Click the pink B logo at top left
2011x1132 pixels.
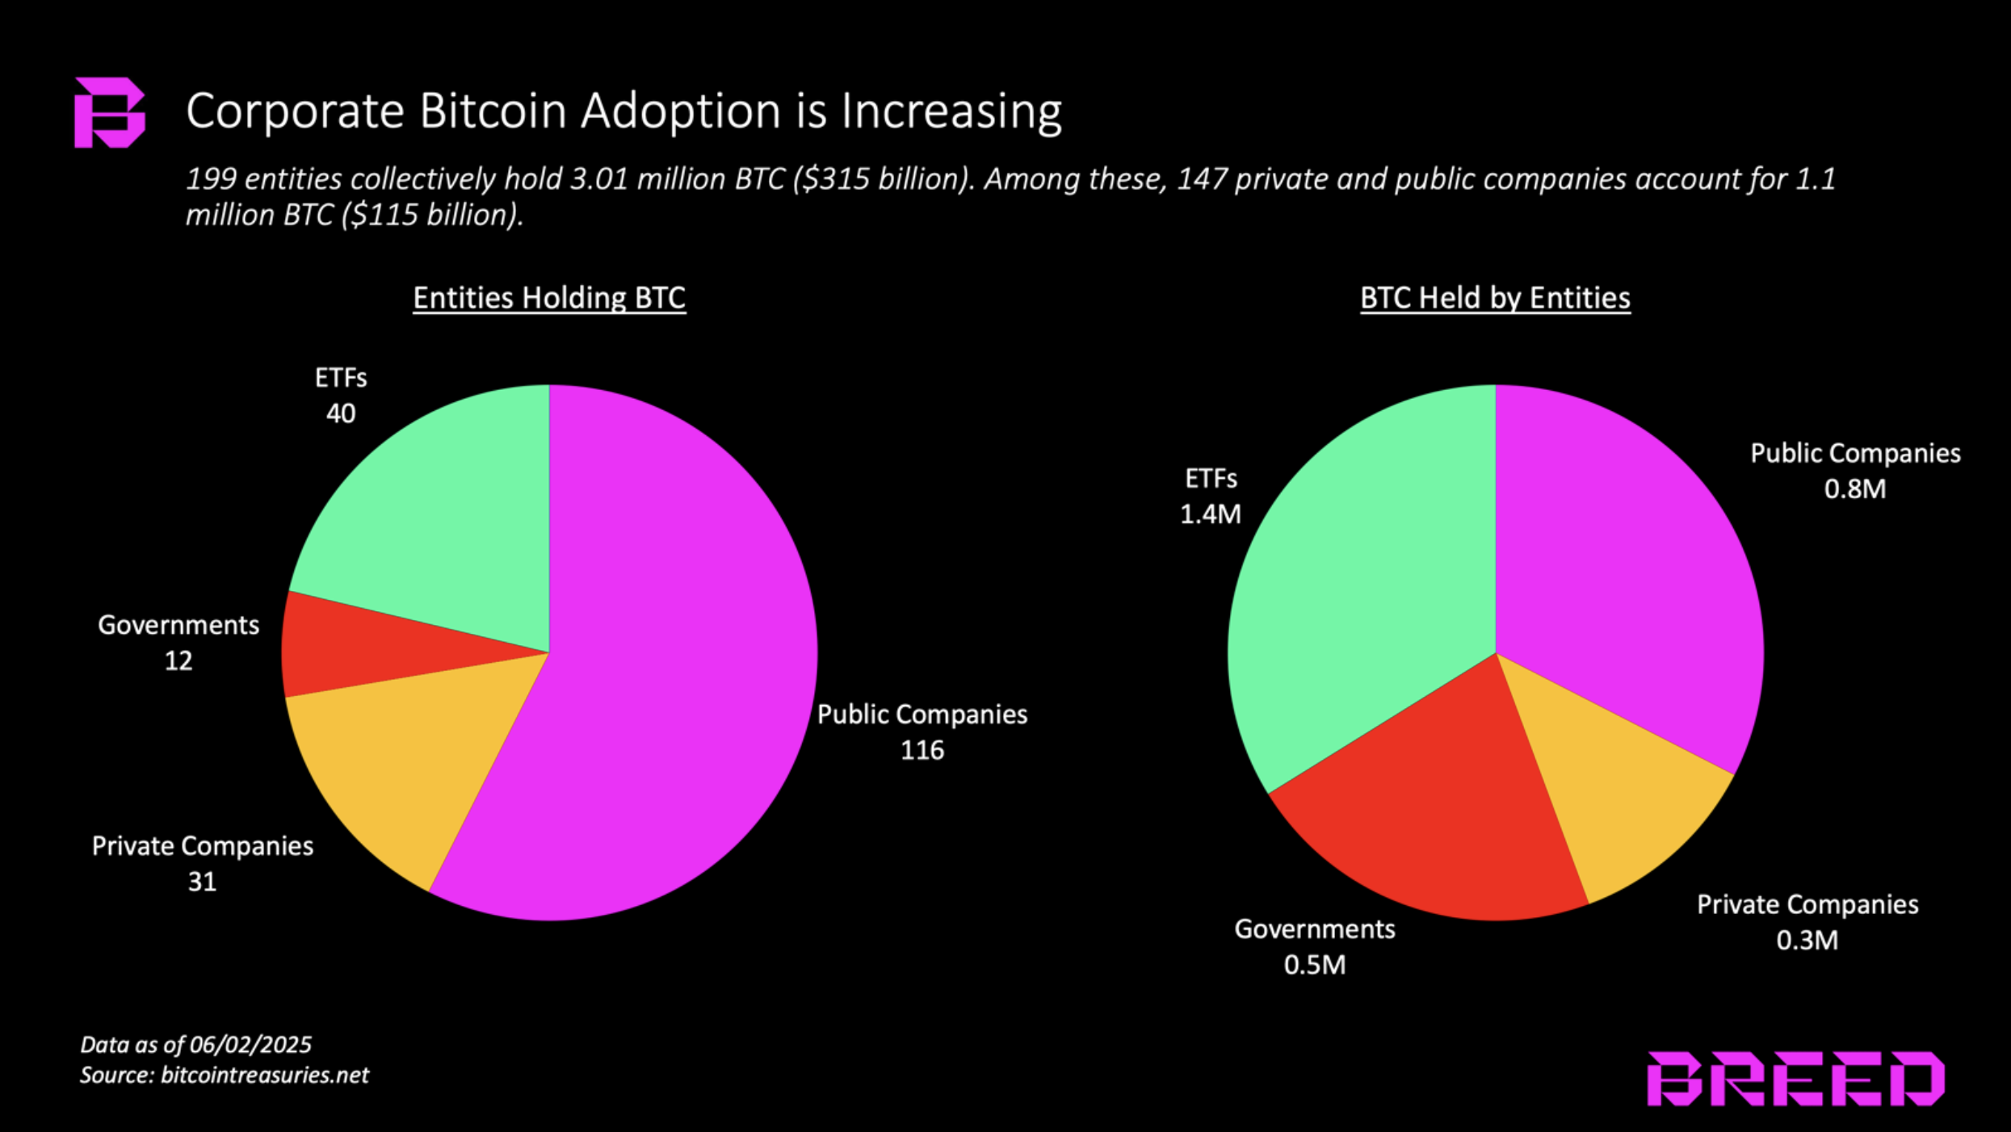[x=109, y=112]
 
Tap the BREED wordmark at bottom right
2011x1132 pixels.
[x=1795, y=1079]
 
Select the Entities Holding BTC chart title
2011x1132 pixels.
[x=549, y=298]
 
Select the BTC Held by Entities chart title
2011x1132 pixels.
[x=1495, y=298]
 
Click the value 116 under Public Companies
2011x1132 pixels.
[x=922, y=750]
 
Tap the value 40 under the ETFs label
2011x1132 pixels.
[x=340, y=413]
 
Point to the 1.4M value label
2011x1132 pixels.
[x=1211, y=514]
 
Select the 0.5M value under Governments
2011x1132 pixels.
[x=1315, y=965]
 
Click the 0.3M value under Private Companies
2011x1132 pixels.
[x=1807, y=941]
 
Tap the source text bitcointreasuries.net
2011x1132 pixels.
[x=264, y=1075]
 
